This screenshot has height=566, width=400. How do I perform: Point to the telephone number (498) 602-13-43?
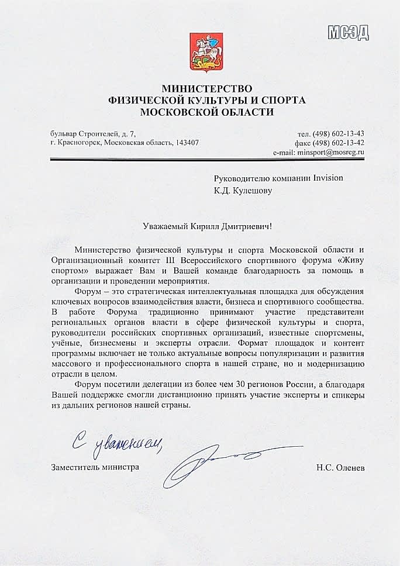[339, 132]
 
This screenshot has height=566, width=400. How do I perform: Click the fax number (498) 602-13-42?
[339, 142]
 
